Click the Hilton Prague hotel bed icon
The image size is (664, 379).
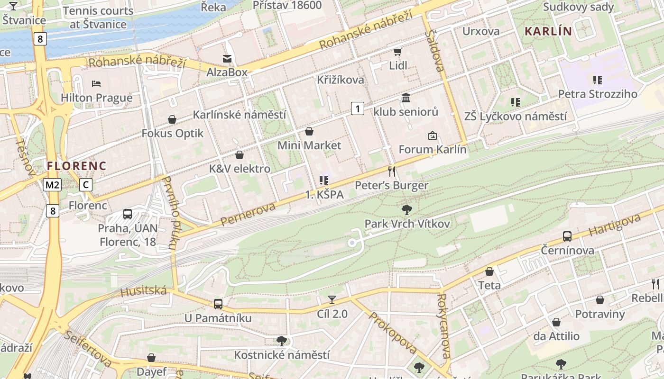(x=96, y=84)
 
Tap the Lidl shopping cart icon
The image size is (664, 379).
(x=397, y=51)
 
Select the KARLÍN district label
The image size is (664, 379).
(x=548, y=31)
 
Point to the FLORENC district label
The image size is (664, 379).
(x=76, y=166)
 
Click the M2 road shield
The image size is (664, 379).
(x=52, y=185)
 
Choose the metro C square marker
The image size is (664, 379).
(x=85, y=185)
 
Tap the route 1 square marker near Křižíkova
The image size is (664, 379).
(x=358, y=108)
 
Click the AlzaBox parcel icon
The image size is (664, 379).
(x=227, y=58)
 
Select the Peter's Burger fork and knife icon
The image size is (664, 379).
(x=391, y=171)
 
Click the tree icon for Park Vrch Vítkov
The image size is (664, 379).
(x=406, y=209)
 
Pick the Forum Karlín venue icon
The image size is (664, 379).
(x=432, y=136)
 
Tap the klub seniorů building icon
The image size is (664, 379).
(x=406, y=98)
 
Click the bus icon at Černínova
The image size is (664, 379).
(x=567, y=236)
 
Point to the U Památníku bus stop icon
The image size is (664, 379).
(x=218, y=304)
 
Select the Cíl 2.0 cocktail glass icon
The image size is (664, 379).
(x=332, y=299)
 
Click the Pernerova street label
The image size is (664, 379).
(x=248, y=214)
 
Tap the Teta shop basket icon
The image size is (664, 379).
(x=489, y=271)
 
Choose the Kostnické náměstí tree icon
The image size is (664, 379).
(x=282, y=341)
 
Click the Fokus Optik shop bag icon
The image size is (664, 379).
(x=172, y=119)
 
